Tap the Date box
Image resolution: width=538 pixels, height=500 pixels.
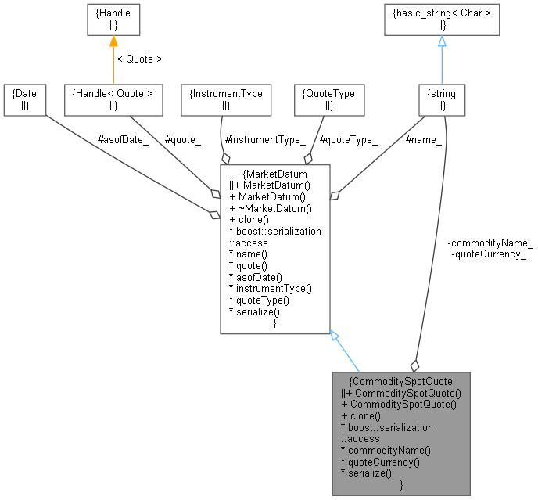click(24, 99)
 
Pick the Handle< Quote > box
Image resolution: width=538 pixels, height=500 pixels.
click(113, 99)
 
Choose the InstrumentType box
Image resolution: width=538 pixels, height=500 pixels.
click(226, 99)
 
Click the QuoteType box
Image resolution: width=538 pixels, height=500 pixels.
click(328, 99)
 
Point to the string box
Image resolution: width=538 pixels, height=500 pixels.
click(442, 99)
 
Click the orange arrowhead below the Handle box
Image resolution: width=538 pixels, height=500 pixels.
click(113, 41)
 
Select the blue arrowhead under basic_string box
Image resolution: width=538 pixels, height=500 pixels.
click(442, 41)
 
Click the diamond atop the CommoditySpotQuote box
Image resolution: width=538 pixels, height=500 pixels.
click(414, 365)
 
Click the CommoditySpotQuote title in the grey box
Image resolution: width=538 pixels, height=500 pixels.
click(401, 381)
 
